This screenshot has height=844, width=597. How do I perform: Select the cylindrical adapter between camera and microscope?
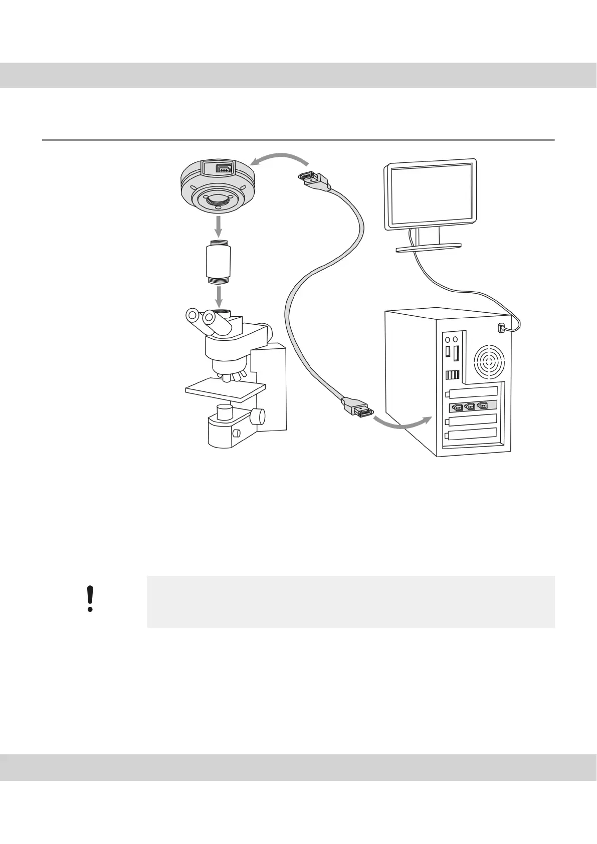coord(219,262)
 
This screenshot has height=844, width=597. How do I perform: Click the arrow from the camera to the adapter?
coord(219,228)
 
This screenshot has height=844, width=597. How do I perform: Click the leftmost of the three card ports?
coord(456,407)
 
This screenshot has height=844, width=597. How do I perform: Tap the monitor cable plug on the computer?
coord(500,328)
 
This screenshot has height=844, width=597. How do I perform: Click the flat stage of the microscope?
coord(225,388)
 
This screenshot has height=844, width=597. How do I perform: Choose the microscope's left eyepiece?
coord(192,316)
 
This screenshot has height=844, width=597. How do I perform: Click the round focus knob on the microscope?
coord(258,415)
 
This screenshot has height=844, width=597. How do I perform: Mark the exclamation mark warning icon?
coord(90,598)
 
